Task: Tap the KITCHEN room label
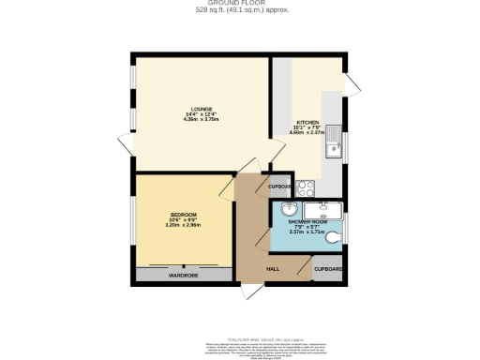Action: tap(308, 123)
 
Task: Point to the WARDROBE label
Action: tap(183, 276)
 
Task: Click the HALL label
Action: tap(273, 269)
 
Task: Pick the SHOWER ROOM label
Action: tap(307, 221)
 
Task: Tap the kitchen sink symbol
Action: tap(334, 147)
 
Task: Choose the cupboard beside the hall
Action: tap(327, 269)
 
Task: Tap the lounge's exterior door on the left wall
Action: tap(126, 146)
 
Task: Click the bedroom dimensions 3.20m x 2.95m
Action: tap(184, 225)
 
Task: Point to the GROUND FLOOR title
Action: tap(240, 4)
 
